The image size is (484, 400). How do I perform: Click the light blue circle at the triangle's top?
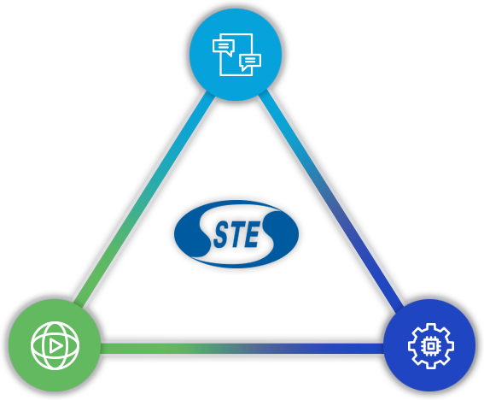236,55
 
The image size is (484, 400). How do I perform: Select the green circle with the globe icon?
55,345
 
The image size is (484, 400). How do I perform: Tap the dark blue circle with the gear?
429,345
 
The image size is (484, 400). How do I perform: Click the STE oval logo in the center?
236,233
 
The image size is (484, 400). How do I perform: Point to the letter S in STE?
221,236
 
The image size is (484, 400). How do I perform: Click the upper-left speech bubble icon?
224,48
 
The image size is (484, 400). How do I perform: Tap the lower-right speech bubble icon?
250,62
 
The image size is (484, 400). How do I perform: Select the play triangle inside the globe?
55,346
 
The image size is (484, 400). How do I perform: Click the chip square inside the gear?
430,346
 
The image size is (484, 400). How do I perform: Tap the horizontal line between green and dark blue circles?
242,349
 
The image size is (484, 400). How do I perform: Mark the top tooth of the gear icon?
431,326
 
